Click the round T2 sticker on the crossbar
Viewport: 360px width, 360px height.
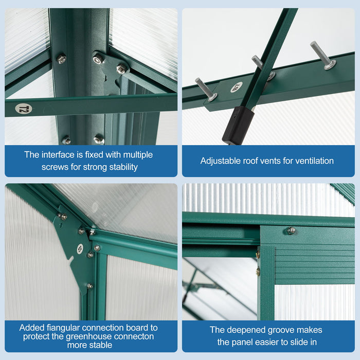click(23, 109)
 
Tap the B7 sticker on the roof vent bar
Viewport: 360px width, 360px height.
click(237, 87)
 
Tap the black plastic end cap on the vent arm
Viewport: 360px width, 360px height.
click(238, 125)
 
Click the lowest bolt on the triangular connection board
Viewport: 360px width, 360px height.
click(89, 286)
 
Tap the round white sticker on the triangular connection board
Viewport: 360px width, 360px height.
click(80, 249)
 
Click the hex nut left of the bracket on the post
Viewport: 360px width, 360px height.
click(61, 59)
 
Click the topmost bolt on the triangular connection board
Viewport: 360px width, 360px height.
click(62, 217)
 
